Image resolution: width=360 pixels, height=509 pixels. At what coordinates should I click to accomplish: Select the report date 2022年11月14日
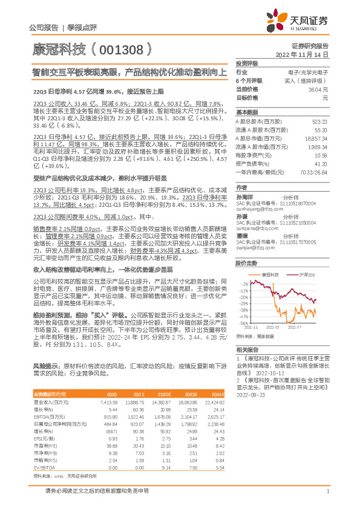coord(302,54)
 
